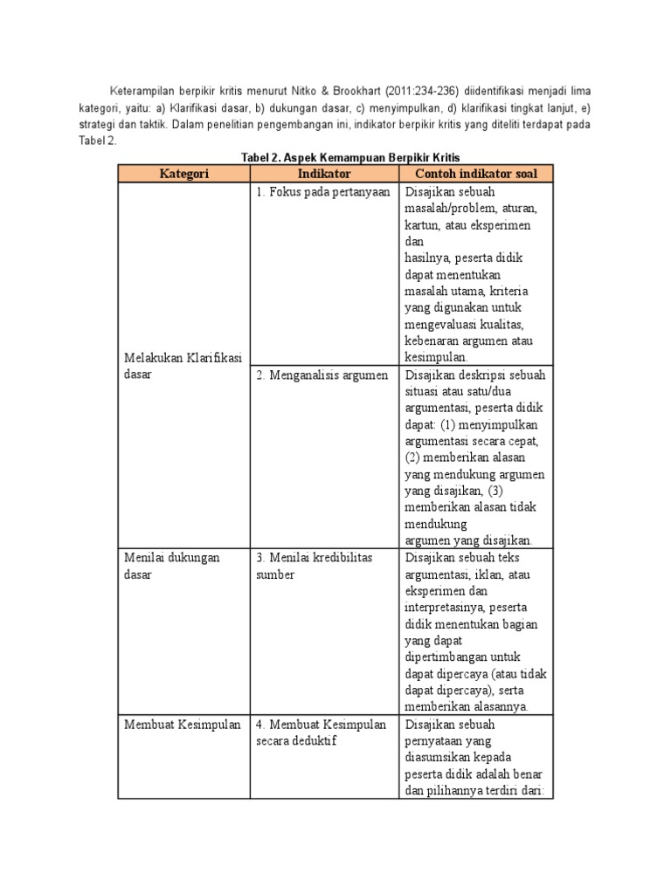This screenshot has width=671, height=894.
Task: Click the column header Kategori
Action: tap(183, 174)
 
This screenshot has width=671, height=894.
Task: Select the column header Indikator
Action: tap(323, 174)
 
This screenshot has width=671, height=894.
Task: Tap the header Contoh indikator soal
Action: tap(475, 174)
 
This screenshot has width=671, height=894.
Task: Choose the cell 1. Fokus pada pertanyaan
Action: tap(322, 193)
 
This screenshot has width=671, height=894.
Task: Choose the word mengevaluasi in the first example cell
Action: tap(446, 325)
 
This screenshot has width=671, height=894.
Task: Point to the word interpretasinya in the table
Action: tap(445, 608)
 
